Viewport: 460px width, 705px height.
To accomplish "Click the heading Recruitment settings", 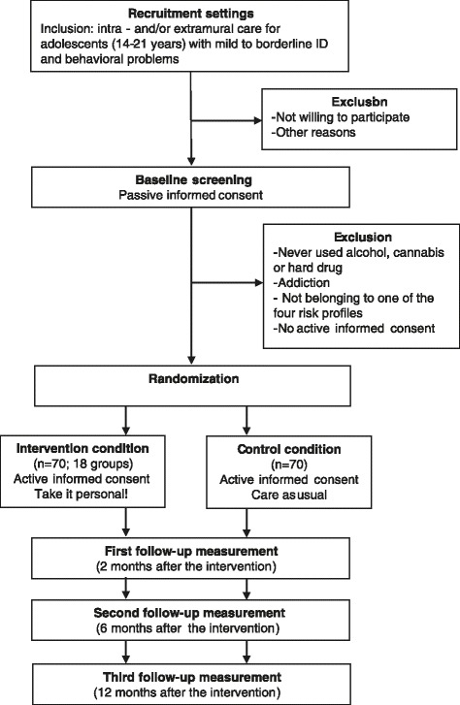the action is [191, 14].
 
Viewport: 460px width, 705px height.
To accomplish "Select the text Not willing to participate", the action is [341, 117].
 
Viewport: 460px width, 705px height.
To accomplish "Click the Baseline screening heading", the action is [193, 179].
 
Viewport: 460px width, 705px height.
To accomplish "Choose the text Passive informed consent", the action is [191, 195].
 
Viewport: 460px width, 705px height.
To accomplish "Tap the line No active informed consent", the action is [354, 328].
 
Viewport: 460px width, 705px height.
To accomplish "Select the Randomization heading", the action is [193, 378].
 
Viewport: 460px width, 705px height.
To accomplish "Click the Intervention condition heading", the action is [82, 448].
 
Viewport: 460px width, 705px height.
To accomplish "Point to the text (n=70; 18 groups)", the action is [83, 464].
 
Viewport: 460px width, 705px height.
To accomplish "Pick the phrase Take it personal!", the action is [82, 495].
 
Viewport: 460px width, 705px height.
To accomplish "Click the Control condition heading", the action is [289, 449].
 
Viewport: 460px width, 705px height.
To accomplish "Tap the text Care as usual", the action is [289, 495].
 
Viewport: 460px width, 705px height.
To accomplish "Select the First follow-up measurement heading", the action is [191, 551].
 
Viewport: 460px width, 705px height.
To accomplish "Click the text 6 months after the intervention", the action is [187, 628].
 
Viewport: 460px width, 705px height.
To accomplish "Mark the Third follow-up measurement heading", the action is [192, 677].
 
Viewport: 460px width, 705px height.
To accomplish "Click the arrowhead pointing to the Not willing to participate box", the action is [258, 120].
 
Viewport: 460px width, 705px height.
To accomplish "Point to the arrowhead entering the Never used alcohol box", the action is [259, 283].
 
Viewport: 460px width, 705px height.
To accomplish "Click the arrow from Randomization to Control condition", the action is [246, 421].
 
